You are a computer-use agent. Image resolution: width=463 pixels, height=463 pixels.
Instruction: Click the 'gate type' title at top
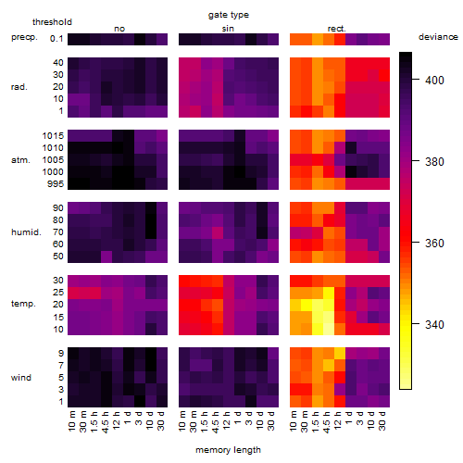click(229, 15)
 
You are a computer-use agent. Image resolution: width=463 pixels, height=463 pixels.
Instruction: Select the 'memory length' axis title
click(228, 450)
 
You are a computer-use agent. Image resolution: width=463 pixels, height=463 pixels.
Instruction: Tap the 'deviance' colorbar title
click(438, 37)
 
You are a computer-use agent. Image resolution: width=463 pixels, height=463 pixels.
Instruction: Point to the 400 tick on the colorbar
click(416, 80)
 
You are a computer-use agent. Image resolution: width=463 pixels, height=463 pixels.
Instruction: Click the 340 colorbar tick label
click(434, 325)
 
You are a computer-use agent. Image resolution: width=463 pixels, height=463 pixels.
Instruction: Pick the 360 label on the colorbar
click(434, 244)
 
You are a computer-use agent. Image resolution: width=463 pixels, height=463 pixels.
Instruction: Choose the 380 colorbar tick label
click(434, 162)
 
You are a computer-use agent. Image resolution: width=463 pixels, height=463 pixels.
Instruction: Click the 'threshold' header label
click(52, 22)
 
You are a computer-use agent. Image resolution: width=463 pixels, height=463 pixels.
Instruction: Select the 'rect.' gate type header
click(337, 29)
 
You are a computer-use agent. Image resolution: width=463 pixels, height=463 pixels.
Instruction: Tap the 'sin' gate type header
click(228, 29)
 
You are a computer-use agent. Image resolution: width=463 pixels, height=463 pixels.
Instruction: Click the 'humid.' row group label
click(26, 232)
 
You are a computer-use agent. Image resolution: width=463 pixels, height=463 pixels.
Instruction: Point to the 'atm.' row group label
click(20, 160)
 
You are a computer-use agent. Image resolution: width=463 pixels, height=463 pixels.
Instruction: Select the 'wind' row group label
click(21, 378)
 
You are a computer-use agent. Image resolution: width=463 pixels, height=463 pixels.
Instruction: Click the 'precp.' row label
click(24, 37)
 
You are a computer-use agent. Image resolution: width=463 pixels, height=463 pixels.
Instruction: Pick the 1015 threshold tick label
click(53, 136)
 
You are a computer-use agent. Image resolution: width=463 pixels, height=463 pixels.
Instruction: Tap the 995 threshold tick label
click(56, 184)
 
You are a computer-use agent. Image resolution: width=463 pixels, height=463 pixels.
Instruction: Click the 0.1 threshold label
click(56, 39)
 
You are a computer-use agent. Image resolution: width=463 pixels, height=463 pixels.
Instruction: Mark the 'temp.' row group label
click(23, 304)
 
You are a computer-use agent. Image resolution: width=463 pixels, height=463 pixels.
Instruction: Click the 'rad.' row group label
click(19, 87)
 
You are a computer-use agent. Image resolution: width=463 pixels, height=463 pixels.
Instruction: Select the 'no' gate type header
click(119, 29)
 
